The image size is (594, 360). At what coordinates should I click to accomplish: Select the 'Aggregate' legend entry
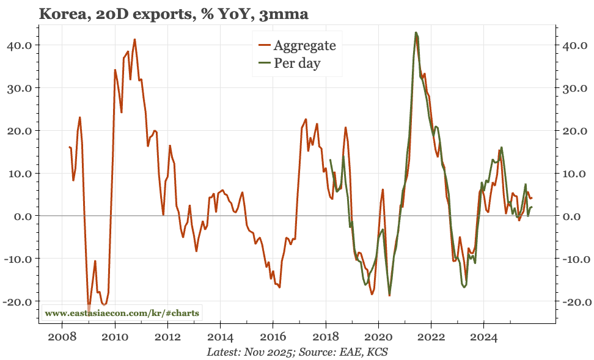[x=304, y=45]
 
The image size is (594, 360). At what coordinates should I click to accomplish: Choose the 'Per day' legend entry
[x=296, y=63]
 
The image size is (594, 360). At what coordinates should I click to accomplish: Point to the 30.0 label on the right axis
[x=576, y=88]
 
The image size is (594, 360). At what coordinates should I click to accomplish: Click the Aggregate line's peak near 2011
[x=134, y=39]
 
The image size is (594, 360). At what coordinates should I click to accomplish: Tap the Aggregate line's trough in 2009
[x=89, y=309]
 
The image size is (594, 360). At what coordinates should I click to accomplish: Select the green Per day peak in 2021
[x=416, y=32]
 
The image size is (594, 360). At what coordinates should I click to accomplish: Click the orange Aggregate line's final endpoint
[x=532, y=197]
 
